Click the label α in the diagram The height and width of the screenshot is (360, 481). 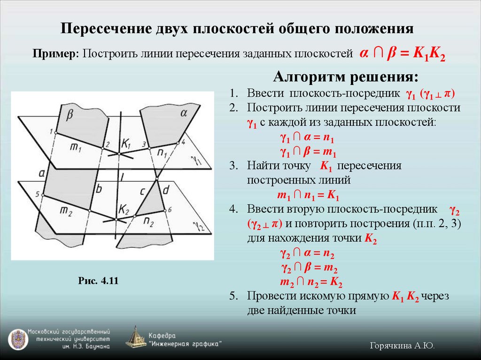tap(184, 113)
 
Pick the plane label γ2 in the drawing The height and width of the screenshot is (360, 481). tap(200, 227)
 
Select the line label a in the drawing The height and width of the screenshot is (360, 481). tap(41, 173)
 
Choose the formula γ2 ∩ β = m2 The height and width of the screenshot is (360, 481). tap(309, 268)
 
